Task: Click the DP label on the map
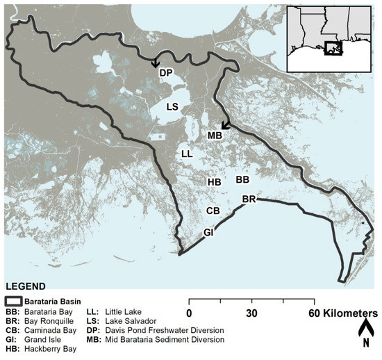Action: pos(165,73)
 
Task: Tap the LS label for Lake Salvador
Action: pos(173,107)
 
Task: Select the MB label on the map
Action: pos(214,135)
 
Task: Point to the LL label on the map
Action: pos(186,154)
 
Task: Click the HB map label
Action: pos(214,182)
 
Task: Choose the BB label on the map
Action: pos(242,180)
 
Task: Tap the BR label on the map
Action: pos(249,199)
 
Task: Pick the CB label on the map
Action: pos(213,210)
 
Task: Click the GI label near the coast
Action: pos(209,231)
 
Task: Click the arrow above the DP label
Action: pos(155,63)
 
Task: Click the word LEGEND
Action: pos(25,286)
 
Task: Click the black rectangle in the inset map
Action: pos(333,49)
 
